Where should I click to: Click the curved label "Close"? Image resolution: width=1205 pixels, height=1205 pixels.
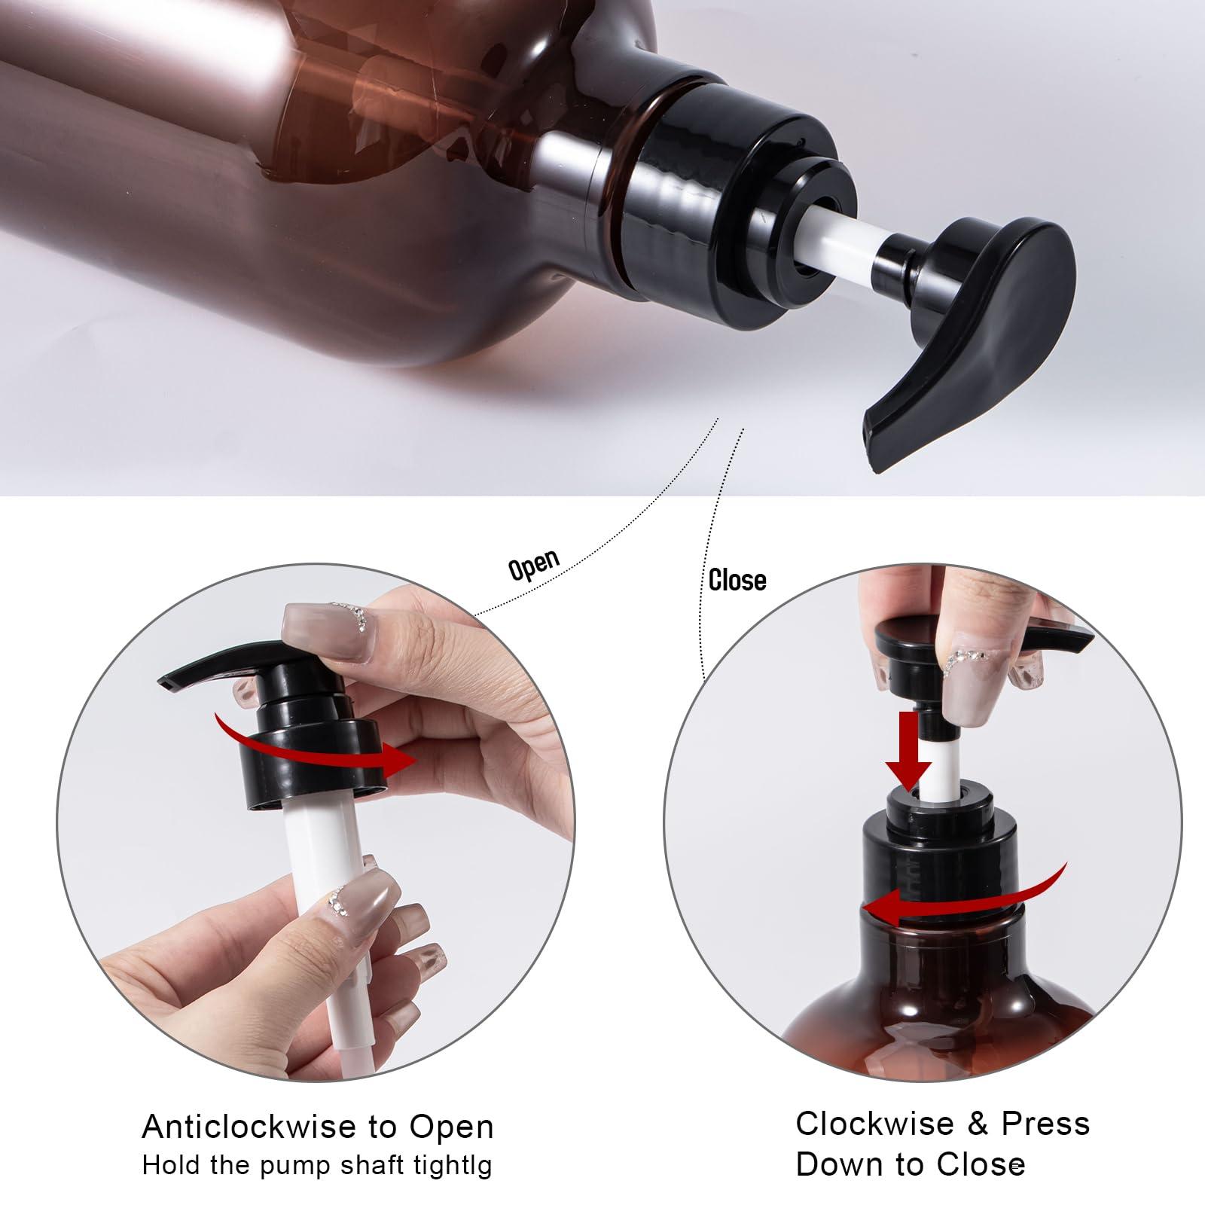[x=737, y=581]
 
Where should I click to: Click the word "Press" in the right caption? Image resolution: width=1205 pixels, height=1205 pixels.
[x=1045, y=1124]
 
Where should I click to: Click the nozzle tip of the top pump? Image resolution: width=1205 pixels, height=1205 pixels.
[x=877, y=444]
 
